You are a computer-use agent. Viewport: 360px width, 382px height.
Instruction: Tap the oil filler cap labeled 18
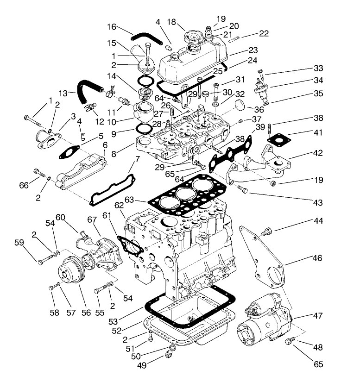[x=191, y=37]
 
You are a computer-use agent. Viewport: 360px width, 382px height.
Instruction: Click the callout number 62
[x=120, y=204]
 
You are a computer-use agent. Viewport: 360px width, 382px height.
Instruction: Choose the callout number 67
[x=92, y=219]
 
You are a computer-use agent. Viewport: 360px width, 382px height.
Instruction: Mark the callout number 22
[x=264, y=34]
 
